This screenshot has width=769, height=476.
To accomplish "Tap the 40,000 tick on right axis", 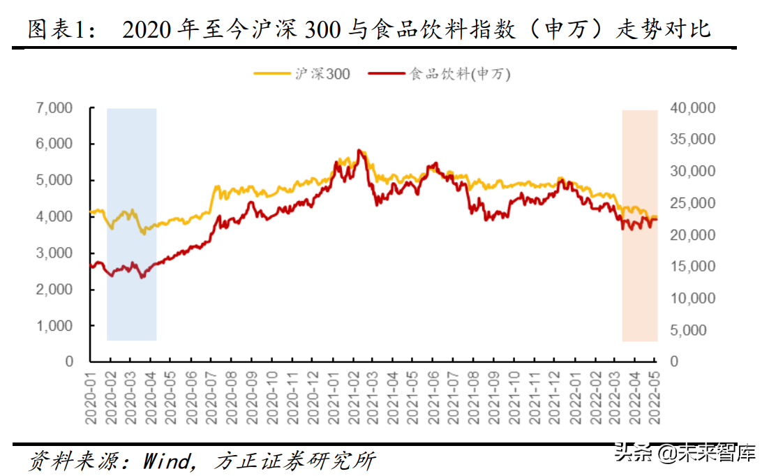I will pyautogui.click(x=693, y=108).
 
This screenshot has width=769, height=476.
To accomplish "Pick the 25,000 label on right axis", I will pyautogui.click(x=693, y=203).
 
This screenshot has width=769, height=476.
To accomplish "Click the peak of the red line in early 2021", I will pyautogui.click(x=359, y=150).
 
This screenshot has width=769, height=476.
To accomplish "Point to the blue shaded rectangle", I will pyautogui.click(x=131, y=223).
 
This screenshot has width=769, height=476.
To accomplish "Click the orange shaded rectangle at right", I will pyautogui.click(x=639, y=223).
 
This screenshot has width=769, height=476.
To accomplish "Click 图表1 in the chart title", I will pyautogui.click(x=54, y=30).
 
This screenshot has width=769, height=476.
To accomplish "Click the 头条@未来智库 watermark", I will pyautogui.click(x=685, y=454).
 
